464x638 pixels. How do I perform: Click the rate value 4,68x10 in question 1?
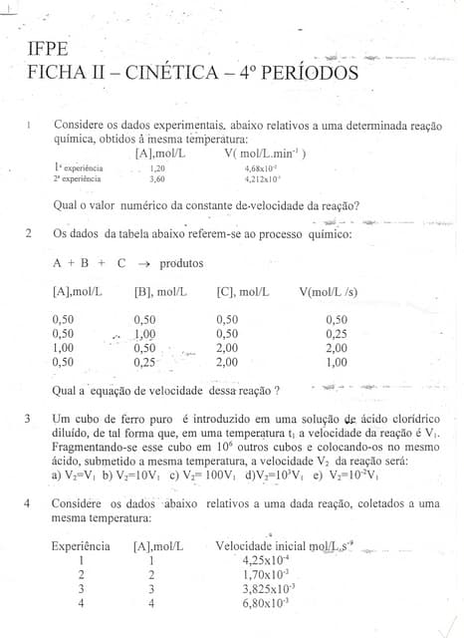pos(262,170)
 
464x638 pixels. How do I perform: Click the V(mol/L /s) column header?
pos(336,292)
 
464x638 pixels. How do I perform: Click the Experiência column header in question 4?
pos(80,546)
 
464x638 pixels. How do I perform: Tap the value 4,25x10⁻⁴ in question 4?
pos(264,560)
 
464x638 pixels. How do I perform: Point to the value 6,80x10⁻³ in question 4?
pos(264,603)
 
